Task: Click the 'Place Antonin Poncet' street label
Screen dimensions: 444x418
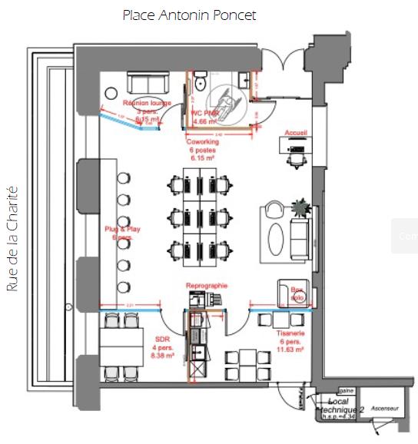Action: coord(189,15)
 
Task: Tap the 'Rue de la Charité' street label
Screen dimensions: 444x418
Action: coord(12,240)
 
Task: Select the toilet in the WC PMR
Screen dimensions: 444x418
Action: coord(200,82)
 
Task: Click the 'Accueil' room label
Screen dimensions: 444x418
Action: coord(296,132)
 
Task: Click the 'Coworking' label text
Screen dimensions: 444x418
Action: coord(202,141)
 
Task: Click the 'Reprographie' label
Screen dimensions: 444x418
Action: coord(207,286)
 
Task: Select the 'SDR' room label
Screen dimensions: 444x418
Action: coord(161,338)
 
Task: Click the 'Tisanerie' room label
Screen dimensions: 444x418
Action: coord(291,334)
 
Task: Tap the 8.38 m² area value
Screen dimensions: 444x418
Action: coord(162,356)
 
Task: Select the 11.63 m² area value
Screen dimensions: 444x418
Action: coord(292,350)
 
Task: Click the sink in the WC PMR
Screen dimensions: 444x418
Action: coord(243,78)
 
